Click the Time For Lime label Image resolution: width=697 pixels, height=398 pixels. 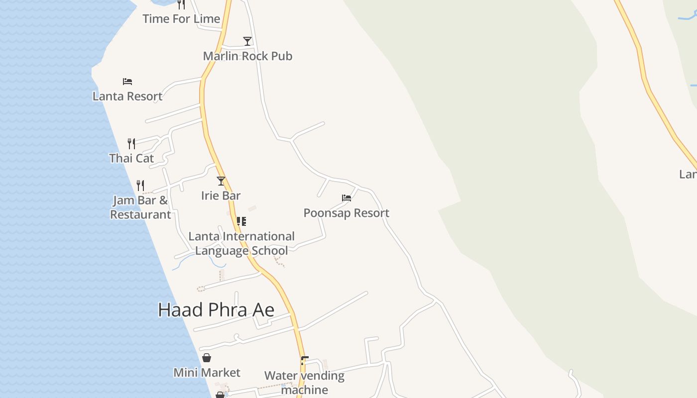coord(181,19)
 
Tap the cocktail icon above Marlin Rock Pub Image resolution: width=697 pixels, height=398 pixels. coord(247,41)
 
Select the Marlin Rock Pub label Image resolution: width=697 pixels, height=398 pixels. coord(247,56)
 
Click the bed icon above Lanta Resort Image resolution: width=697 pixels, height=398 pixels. coord(127,81)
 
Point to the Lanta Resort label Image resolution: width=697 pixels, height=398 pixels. coord(127,96)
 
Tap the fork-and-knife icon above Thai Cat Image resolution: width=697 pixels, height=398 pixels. coord(131,144)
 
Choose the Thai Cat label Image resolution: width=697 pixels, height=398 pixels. coord(131,158)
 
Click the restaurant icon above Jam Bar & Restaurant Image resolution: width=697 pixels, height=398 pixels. coord(140,186)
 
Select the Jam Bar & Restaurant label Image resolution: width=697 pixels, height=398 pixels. coord(140,207)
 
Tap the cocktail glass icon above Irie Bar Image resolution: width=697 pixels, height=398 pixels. coord(221,181)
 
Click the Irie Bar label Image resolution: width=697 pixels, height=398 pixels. coord(221,196)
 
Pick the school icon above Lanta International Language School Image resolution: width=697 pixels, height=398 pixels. coord(241,221)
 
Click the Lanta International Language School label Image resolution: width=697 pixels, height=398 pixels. coord(241,243)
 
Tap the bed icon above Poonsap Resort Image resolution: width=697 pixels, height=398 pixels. coord(347,198)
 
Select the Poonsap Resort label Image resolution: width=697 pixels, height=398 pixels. coord(347,213)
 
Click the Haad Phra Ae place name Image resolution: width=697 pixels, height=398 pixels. coord(216,310)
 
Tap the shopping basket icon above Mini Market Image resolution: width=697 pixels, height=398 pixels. coord(207,358)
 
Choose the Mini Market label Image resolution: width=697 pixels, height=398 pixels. coord(207,373)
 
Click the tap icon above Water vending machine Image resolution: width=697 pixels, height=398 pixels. coord(304,360)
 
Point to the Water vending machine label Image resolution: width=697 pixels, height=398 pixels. coord(304,383)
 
